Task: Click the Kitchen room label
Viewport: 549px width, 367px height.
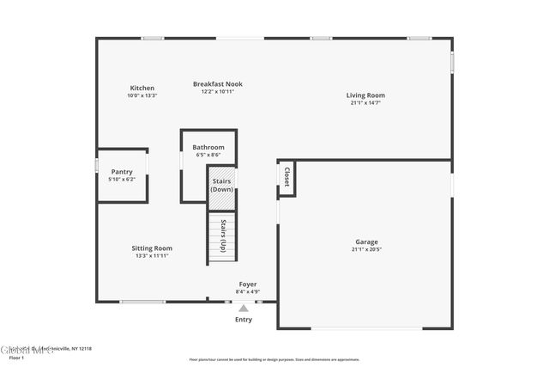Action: pyautogui.click(x=142, y=88)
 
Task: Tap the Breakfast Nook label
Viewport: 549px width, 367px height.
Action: pyautogui.click(x=217, y=84)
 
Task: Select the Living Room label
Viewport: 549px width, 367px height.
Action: pyautogui.click(x=365, y=95)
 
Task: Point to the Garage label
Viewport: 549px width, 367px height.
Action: pyautogui.click(x=366, y=242)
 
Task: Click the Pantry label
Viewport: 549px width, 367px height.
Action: pyautogui.click(x=121, y=171)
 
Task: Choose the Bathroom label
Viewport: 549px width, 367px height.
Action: pyautogui.click(x=208, y=147)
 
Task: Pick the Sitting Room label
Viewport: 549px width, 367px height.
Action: pyautogui.click(x=152, y=248)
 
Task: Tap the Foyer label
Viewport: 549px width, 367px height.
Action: pyautogui.click(x=247, y=284)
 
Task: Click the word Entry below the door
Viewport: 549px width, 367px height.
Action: pyautogui.click(x=244, y=320)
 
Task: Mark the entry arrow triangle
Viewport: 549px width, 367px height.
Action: pyautogui.click(x=244, y=308)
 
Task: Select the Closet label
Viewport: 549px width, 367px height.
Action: pyautogui.click(x=287, y=177)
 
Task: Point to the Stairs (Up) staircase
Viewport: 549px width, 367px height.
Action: pyautogui.click(x=222, y=236)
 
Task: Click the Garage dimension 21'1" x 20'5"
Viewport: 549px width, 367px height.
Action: pyautogui.click(x=366, y=249)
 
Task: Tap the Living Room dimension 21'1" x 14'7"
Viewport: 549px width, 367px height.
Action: pyautogui.click(x=365, y=103)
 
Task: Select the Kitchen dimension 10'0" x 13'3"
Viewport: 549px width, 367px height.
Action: pyautogui.click(x=142, y=95)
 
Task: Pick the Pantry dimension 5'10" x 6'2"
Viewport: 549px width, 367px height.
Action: pyautogui.click(x=121, y=179)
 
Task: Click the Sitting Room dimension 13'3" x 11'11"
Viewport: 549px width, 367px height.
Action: pyautogui.click(x=152, y=255)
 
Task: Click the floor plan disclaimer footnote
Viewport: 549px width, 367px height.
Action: pyautogui.click(x=274, y=359)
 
